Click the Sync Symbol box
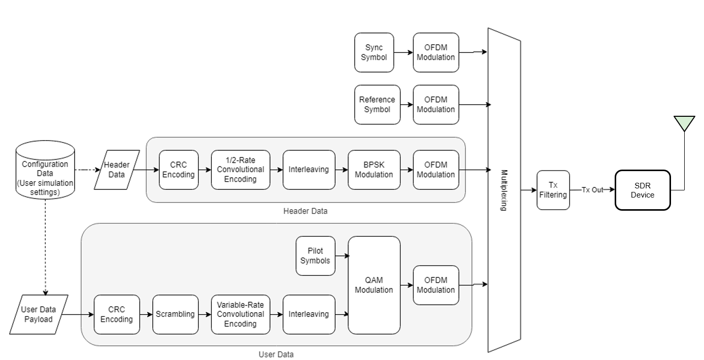click(374, 52)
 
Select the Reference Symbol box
click(377, 105)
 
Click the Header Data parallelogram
click(117, 170)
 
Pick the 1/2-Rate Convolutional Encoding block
click(240, 170)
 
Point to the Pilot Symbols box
click(315, 256)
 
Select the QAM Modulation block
click(374, 285)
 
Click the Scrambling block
click(175, 314)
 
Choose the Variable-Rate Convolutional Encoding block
click(240, 314)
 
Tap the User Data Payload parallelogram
click(39, 314)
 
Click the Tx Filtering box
click(553, 190)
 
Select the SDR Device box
click(642, 190)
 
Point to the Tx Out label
click(592, 190)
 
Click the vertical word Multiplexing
click(504, 190)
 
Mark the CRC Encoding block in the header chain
click(178, 170)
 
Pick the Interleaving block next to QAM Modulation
click(309, 314)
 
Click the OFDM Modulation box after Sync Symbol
click(435, 52)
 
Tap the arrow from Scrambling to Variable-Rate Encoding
click(205, 314)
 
